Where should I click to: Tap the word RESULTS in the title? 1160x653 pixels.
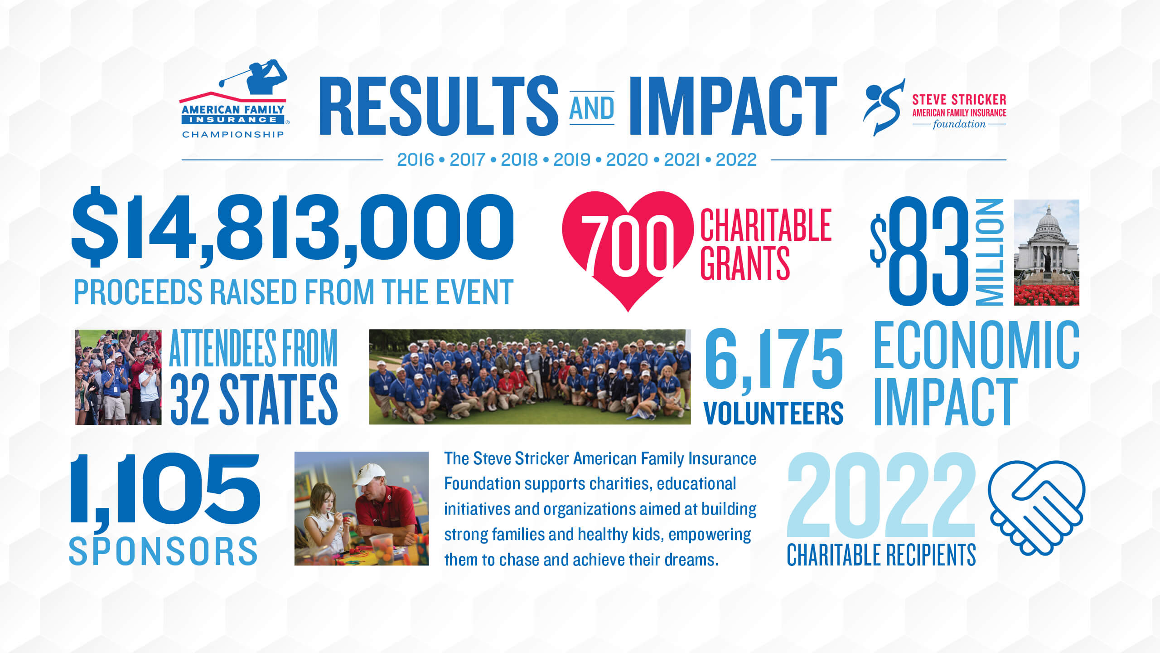439,106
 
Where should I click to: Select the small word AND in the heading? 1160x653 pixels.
592,108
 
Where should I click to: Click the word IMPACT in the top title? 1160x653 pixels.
733,106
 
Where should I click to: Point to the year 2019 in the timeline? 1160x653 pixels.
572,160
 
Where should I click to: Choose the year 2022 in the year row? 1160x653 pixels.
736,160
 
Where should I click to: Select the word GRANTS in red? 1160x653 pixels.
745,263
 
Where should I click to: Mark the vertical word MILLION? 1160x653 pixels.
990,252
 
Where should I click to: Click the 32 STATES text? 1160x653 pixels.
254,400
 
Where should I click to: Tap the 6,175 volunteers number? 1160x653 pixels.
773,361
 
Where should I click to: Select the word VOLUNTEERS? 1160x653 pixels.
773,413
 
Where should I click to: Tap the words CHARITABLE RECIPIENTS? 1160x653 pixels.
881,555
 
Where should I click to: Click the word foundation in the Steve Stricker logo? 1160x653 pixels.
959,124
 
